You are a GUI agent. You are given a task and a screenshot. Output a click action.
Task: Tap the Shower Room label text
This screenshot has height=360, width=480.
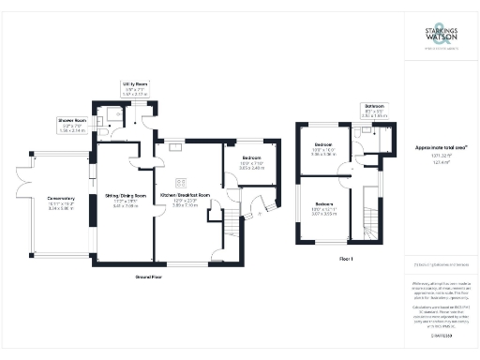click(x=71, y=121)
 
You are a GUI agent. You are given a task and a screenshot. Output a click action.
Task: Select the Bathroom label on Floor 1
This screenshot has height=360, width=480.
click(x=374, y=107)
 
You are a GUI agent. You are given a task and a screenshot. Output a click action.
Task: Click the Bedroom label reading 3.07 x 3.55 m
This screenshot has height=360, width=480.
click(x=325, y=203)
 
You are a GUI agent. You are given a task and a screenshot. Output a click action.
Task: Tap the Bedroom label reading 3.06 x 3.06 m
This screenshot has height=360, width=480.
click(x=323, y=145)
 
